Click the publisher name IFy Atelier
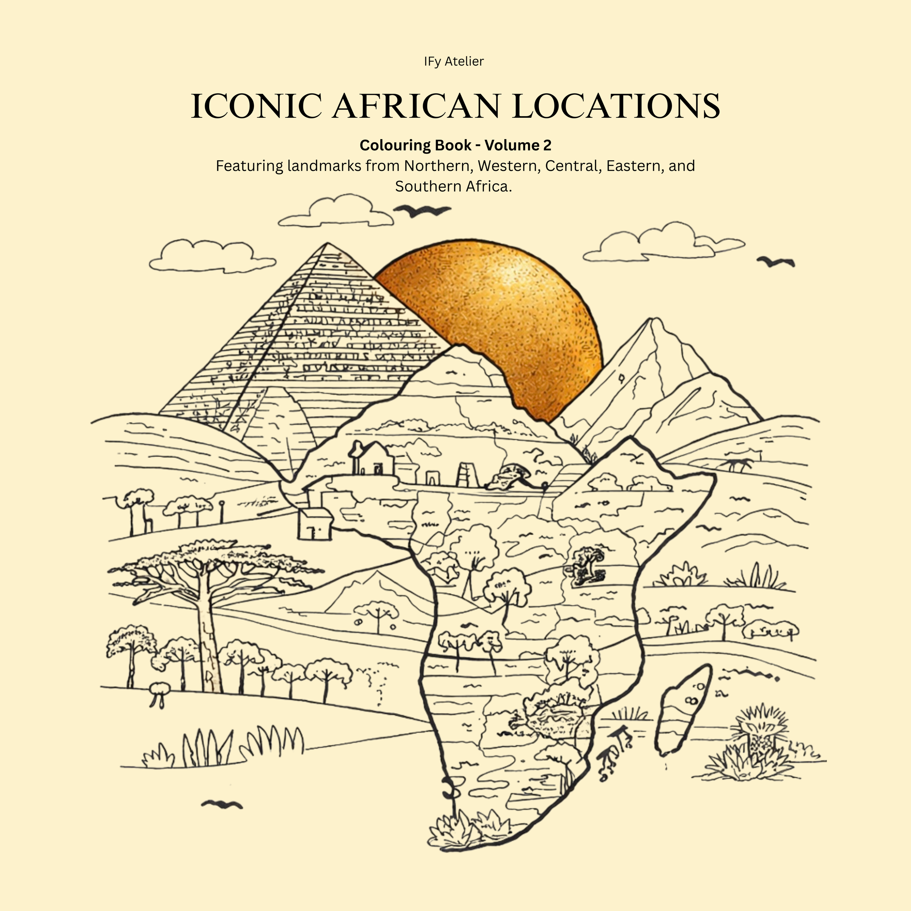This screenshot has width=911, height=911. [454, 61]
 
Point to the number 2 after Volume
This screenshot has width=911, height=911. [547, 145]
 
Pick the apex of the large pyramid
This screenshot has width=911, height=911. [327, 244]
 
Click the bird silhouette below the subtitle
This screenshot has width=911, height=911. [422, 210]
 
